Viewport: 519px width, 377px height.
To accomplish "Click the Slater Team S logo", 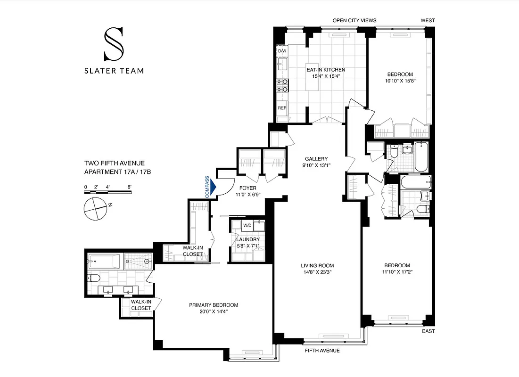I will point(114,44).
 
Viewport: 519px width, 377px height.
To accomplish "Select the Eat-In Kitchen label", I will point(322,70).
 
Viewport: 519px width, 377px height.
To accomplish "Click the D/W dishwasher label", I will point(282,51).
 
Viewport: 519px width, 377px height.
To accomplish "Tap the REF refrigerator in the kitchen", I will point(282,108).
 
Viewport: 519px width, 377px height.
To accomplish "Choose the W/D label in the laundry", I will point(247,225).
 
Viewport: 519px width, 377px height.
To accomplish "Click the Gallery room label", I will point(316,159).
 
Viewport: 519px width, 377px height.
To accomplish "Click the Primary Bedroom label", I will point(214,305).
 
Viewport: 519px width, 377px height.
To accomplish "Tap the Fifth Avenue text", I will point(322,351).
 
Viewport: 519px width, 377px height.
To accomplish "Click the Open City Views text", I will point(353,20).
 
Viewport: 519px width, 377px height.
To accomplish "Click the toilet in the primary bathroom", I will point(92,278).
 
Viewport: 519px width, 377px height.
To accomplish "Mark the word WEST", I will point(428,20).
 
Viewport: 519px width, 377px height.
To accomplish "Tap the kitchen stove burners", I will point(283,85).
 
